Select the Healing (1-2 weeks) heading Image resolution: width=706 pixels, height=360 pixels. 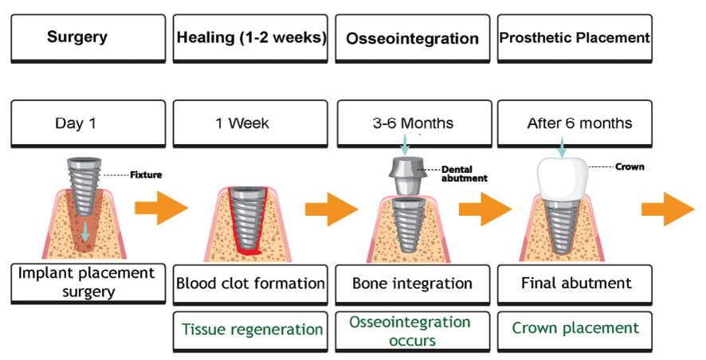point(251,37)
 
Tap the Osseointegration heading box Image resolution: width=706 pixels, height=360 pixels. point(413,38)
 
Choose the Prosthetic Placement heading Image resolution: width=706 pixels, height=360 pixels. point(574,37)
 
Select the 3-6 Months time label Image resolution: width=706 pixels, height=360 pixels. point(413,123)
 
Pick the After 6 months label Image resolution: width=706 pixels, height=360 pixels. point(574,123)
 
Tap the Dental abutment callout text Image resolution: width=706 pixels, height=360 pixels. point(464,173)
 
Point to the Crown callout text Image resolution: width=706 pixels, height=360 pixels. point(630,167)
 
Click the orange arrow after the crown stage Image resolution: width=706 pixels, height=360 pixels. point(668,209)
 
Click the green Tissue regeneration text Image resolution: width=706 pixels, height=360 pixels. point(251,329)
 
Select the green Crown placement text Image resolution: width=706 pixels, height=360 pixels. point(575,328)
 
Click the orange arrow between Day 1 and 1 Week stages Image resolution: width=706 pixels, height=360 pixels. point(160,209)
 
